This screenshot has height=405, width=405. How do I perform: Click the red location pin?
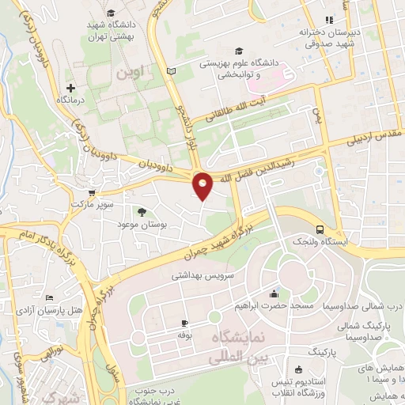tap(202, 185)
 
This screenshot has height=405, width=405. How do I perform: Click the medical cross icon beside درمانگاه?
tap(71, 87)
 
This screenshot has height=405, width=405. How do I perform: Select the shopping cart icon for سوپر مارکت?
tap(93, 192)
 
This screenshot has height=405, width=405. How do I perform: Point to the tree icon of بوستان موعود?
tap(141, 212)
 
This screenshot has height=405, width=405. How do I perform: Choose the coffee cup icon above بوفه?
tap(185, 323)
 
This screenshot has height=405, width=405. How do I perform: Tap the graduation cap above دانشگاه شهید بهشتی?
tap(110, 13)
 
